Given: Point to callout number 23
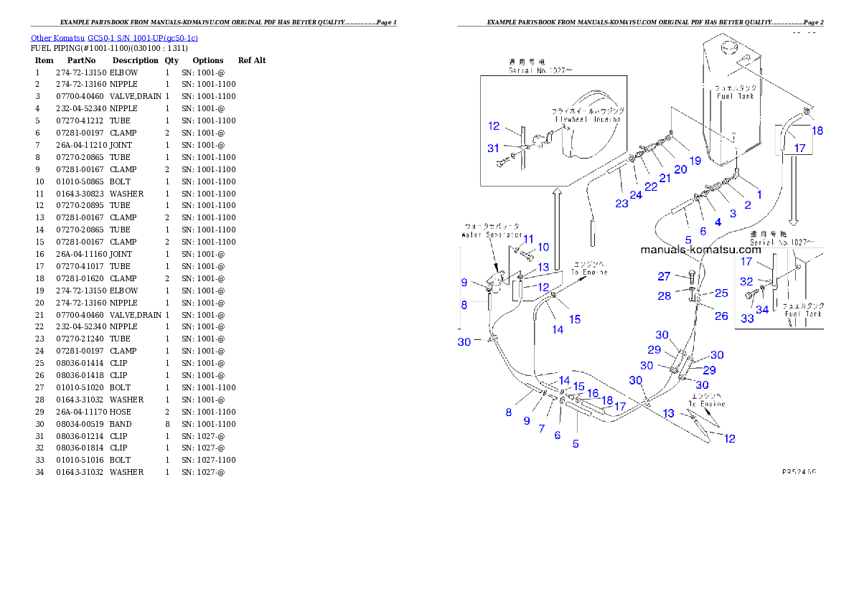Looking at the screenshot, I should pyautogui.click(x=621, y=203).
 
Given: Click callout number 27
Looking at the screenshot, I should pyautogui.click(x=665, y=276).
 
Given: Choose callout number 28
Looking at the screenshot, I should pyautogui.click(x=665, y=295).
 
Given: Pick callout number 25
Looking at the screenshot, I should pyautogui.click(x=721, y=293).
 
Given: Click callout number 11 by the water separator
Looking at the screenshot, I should pyautogui.click(x=528, y=239).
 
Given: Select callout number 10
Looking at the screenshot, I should pyautogui.click(x=543, y=247).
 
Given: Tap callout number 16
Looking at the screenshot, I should pyautogui.click(x=593, y=393).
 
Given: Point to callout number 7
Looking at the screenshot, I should pyautogui.click(x=542, y=428).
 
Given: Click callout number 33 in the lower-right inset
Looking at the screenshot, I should pyautogui.click(x=748, y=318).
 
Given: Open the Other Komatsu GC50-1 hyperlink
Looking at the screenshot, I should pyautogui.click(x=114, y=38).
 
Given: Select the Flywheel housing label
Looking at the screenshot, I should pyautogui.click(x=586, y=115).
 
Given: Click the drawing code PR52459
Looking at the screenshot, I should pyautogui.click(x=799, y=472).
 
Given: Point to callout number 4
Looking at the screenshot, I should pyautogui.click(x=718, y=222).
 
